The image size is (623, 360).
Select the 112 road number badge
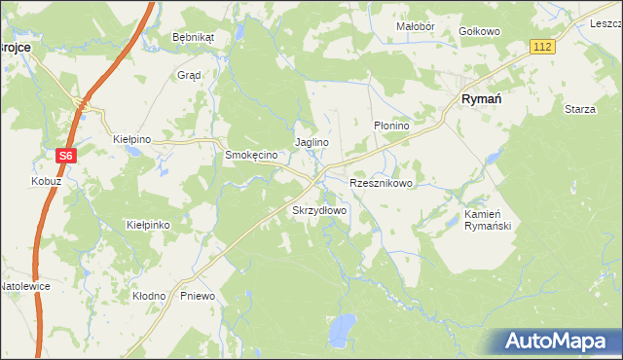pos(542,47)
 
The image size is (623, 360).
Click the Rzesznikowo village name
pos(382,182)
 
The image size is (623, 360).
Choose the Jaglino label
pos(311,142)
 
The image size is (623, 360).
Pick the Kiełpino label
pos(132,140)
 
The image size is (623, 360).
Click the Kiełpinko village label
pos(149,225)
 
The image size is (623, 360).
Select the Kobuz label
pos(46,182)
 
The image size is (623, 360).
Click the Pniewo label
pos(198,295)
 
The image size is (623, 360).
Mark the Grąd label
pos(189,74)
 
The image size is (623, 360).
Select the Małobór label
pos(415,26)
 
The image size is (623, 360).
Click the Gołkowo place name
pos(479,31)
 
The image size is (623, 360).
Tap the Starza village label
pos(580,109)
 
